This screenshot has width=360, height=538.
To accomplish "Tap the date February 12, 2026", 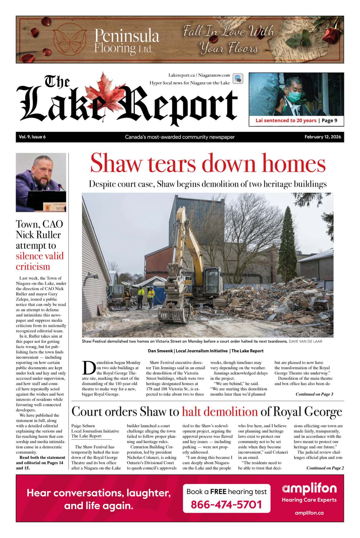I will pos(322,137).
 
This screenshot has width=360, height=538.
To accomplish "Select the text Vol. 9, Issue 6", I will pos(32,137).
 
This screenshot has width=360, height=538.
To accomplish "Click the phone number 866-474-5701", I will pos(226,504).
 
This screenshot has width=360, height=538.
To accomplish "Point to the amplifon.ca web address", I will pos(309,513).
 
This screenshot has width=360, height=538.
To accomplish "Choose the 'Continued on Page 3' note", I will pos(314,394).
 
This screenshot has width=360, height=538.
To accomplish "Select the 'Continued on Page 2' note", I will pos(325,468).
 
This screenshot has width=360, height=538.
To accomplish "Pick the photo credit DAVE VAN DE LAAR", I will pos(305,341).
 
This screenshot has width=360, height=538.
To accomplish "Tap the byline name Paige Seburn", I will pos(83,426).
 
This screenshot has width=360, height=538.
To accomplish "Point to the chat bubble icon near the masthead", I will pos(238,79).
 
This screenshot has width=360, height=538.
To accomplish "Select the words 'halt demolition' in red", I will pos(220,412).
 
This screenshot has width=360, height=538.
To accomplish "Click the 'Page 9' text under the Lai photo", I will pos(329,121).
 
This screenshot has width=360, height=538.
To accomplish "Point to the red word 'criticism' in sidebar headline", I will pos(33,266).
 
